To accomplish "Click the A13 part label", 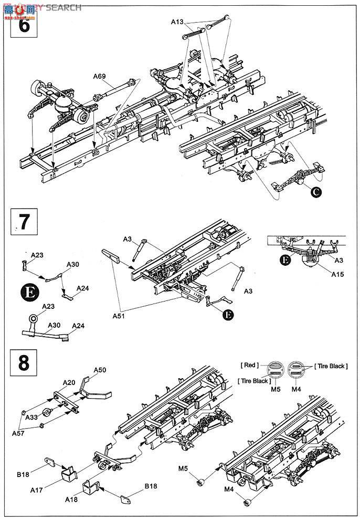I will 178,22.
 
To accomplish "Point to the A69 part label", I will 100,77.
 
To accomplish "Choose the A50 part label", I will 100,370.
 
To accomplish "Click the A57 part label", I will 19,433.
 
